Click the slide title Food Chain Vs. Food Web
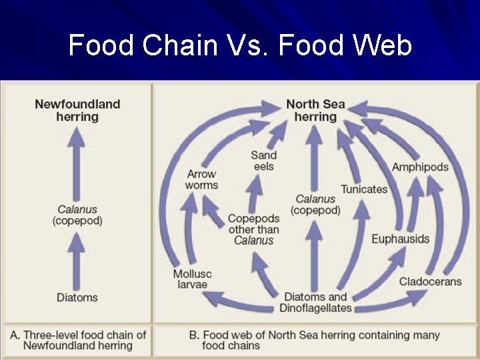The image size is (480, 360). [240, 46]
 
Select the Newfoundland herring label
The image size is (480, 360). [77, 110]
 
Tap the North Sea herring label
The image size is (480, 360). [315, 110]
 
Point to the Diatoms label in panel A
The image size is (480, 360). [77, 297]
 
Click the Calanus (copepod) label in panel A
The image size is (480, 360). [77, 215]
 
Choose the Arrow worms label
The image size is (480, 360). [201, 179]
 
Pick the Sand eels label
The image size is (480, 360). [264, 161]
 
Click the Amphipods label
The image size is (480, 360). [420, 167]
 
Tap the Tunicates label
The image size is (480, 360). [364, 189]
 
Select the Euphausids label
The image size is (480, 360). [400, 239]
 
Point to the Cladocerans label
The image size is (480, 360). [430, 281]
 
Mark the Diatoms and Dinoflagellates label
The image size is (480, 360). [315, 302]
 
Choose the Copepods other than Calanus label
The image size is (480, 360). [253, 229]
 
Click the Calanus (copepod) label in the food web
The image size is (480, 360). [315, 204]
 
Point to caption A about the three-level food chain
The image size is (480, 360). [77, 339]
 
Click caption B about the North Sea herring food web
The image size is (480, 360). [313, 339]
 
